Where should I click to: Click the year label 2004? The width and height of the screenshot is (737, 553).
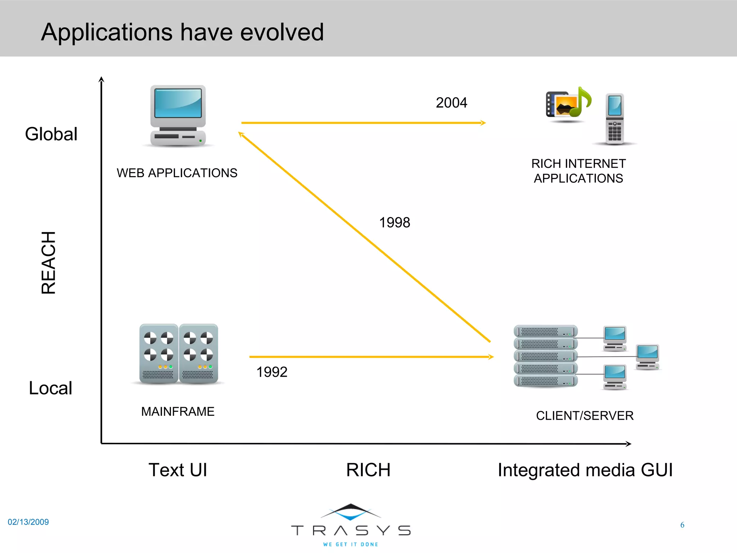(451, 103)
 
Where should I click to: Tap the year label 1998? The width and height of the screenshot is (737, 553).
(394, 222)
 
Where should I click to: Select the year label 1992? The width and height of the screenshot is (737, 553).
(272, 372)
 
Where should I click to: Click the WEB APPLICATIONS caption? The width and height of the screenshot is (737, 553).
(177, 173)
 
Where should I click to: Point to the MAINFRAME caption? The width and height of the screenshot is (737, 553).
(178, 411)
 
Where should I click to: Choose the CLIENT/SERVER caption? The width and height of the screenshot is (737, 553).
(584, 415)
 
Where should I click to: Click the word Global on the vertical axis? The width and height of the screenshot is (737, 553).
(51, 134)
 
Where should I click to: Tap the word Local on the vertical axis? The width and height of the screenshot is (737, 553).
(50, 388)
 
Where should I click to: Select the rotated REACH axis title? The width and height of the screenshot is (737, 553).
(48, 262)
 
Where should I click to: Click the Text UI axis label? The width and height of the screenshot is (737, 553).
(178, 470)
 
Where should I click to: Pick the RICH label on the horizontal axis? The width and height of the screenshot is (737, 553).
(368, 470)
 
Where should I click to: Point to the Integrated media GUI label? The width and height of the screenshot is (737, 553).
(585, 470)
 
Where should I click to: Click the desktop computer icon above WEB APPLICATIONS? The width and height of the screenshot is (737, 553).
(178, 115)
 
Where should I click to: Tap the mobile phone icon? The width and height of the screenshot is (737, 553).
(615, 119)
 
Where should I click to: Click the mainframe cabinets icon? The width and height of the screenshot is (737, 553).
(178, 354)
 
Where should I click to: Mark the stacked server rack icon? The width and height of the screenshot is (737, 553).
(546, 356)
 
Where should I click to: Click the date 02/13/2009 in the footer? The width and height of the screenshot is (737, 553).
(28, 522)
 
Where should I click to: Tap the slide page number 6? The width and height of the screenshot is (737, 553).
(682, 525)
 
